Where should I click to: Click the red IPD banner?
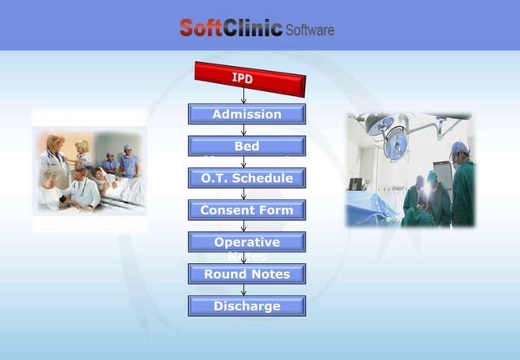[249, 79]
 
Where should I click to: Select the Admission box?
[246, 114]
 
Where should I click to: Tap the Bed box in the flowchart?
[246, 146]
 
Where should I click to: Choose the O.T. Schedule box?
[246, 178]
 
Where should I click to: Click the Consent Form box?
[246, 210]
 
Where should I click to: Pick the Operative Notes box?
[246, 242]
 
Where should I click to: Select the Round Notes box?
[246, 274]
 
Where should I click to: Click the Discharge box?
[246, 305]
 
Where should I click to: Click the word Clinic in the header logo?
[251, 29]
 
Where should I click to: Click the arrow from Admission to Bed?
[244, 130]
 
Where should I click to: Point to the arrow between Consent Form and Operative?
[244, 226]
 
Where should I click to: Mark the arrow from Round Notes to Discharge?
[244, 289]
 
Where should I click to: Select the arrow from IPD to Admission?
[244, 96]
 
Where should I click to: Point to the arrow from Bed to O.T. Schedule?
[244, 161]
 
